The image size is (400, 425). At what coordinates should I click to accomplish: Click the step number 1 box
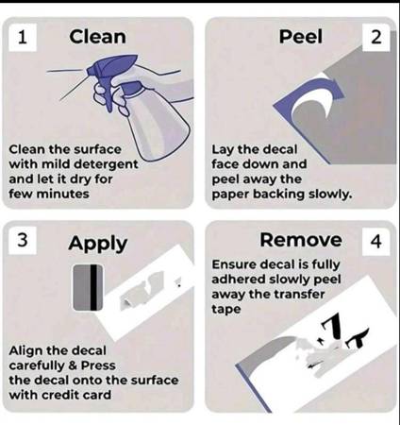click(23, 37)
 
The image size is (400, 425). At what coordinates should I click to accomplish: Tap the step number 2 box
click(376, 37)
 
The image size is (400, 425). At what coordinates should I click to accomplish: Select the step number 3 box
click(23, 240)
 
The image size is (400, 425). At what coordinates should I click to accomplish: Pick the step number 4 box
click(376, 242)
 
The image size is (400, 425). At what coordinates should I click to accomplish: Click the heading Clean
click(97, 37)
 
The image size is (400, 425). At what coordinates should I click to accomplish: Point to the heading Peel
click(301, 37)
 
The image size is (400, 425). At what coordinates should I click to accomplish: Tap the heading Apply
click(98, 244)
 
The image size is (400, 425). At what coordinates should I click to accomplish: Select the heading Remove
click(301, 240)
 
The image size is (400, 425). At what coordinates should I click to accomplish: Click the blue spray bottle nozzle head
click(111, 67)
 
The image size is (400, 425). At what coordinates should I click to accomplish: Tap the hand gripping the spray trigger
click(106, 94)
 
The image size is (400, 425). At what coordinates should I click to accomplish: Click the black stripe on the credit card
click(93, 287)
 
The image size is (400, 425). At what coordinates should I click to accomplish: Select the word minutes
click(62, 194)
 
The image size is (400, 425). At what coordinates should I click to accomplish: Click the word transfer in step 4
click(299, 295)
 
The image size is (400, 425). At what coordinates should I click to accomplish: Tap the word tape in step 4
click(226, 310)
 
